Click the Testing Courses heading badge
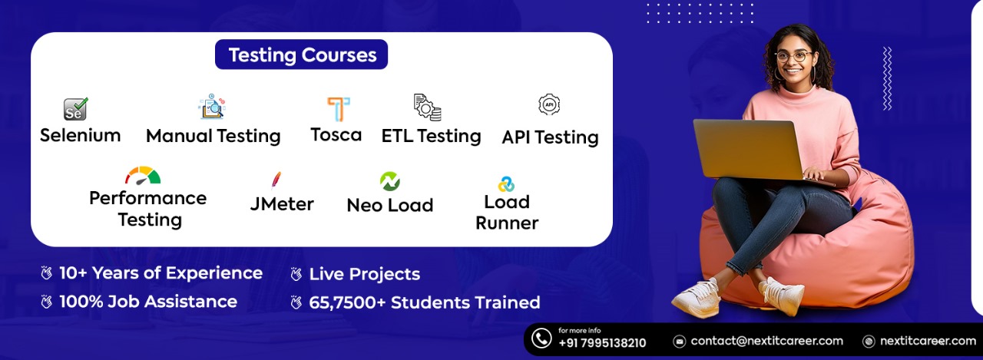click(301, 55)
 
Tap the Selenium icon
click(75, 109)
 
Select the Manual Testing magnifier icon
click(211, 107)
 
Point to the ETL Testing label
click(431, 136)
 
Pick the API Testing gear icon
click(549, 104)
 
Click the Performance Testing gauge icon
click(143, 176)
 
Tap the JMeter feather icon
click(276, 179)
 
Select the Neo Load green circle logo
click(390, 181)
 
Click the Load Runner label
click(507, 213)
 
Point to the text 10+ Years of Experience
click(161, 273)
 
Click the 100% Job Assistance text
click(147, 302)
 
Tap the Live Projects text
click(364, 274)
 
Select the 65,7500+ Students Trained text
click(424, 302)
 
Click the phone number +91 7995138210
click(602, 343)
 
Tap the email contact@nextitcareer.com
click(766, 341)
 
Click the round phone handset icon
click(541, 339)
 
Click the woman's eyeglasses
click(793, 56)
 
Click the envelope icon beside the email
click(680, 341)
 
